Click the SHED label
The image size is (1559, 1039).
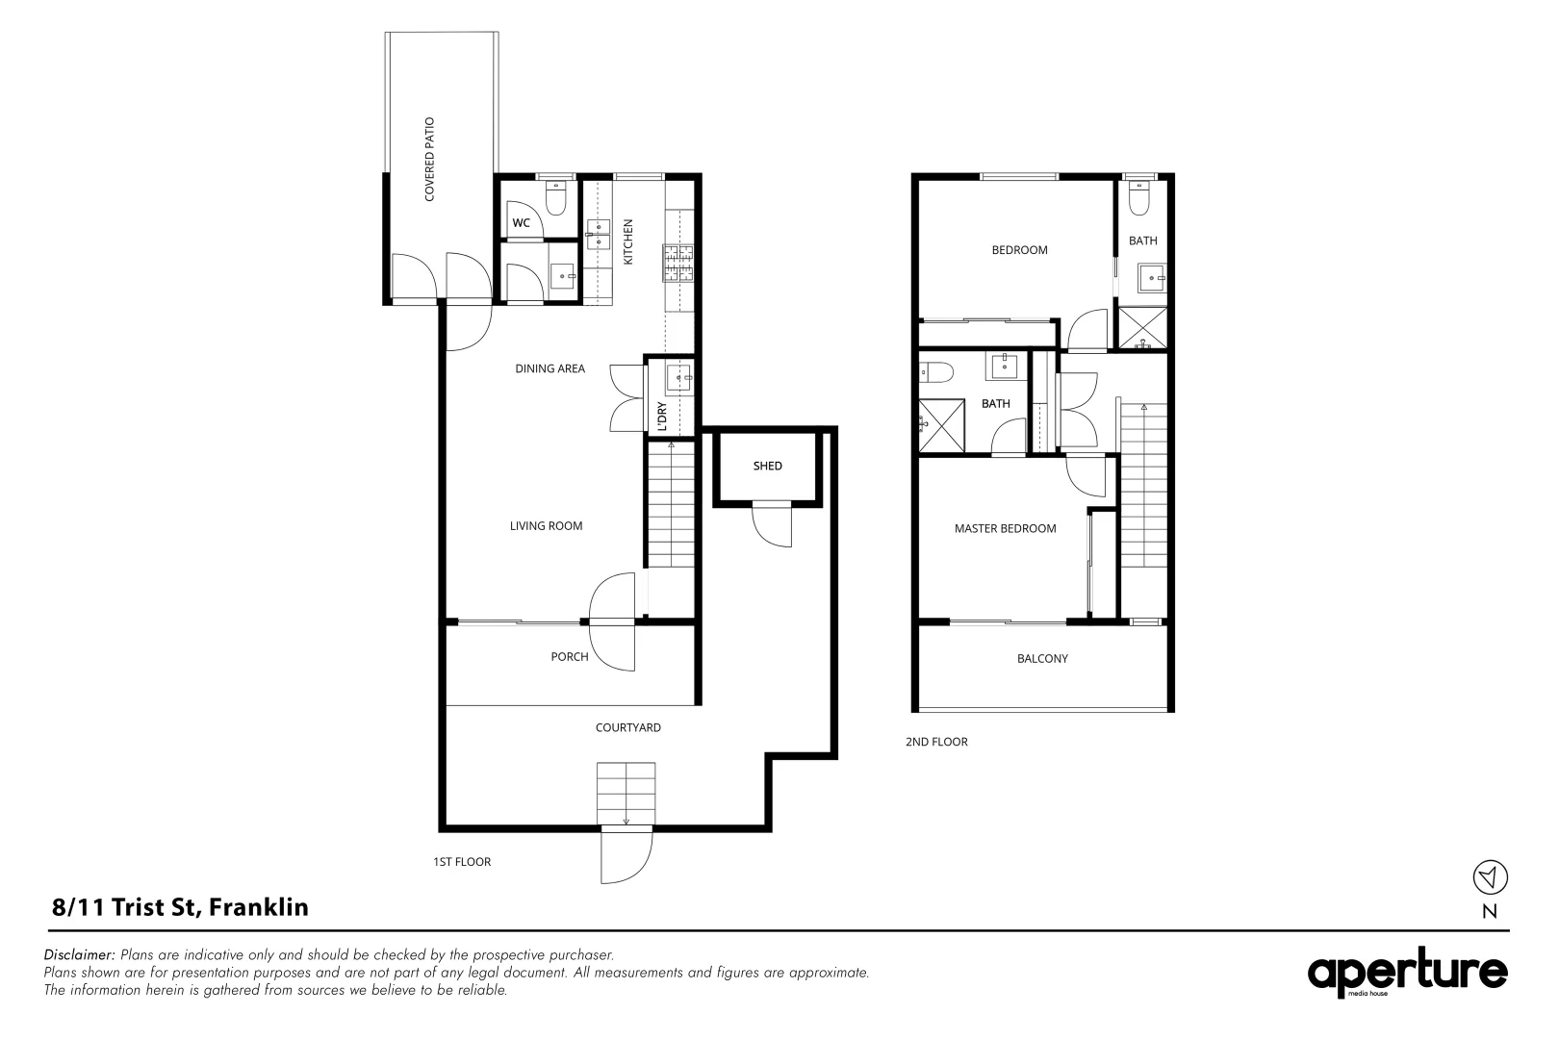(767, 467)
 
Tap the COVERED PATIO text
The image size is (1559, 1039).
(429, 160)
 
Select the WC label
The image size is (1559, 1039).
(521, 222)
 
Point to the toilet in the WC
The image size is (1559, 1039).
(556, 197)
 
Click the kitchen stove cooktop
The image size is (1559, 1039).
(677, 264)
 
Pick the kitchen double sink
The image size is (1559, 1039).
(598, 235)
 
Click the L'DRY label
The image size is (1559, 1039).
(662, 417)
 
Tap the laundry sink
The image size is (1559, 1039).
(678, 379)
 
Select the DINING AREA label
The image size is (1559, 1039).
(549, 368)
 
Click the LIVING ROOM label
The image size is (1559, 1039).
(546, 526)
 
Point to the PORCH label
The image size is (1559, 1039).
(570, 657)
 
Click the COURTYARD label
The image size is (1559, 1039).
(627, 728)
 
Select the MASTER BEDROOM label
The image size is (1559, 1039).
(1005, 529)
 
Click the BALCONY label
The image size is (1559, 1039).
(1042, 659)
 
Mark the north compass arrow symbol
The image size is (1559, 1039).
(1490, 876)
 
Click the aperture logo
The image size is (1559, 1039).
(1407, 973)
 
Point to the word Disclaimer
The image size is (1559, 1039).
(79, 954)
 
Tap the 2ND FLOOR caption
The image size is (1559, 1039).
(936, 743)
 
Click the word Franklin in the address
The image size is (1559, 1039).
(258, 907)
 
